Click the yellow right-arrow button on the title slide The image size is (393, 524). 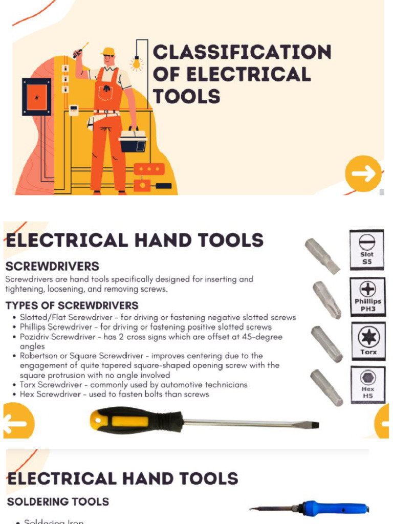(x=363, y=174)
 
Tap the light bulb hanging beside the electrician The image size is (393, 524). (x=136, y=64)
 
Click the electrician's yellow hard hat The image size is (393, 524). (x=108, y=52)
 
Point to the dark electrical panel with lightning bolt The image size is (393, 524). (x=36, y=97)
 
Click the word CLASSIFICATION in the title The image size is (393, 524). (x=242, y=52)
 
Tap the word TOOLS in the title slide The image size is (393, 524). (x=187, y=96)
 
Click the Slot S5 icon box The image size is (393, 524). (x=366, y=249)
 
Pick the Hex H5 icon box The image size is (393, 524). (x=367, y=384)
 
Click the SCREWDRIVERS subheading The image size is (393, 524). (x=52, y=267)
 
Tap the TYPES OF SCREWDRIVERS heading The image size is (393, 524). (x=72, y=305)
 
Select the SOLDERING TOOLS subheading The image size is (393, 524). (x=58, y=501)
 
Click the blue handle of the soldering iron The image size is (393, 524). (x=333, y=508)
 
